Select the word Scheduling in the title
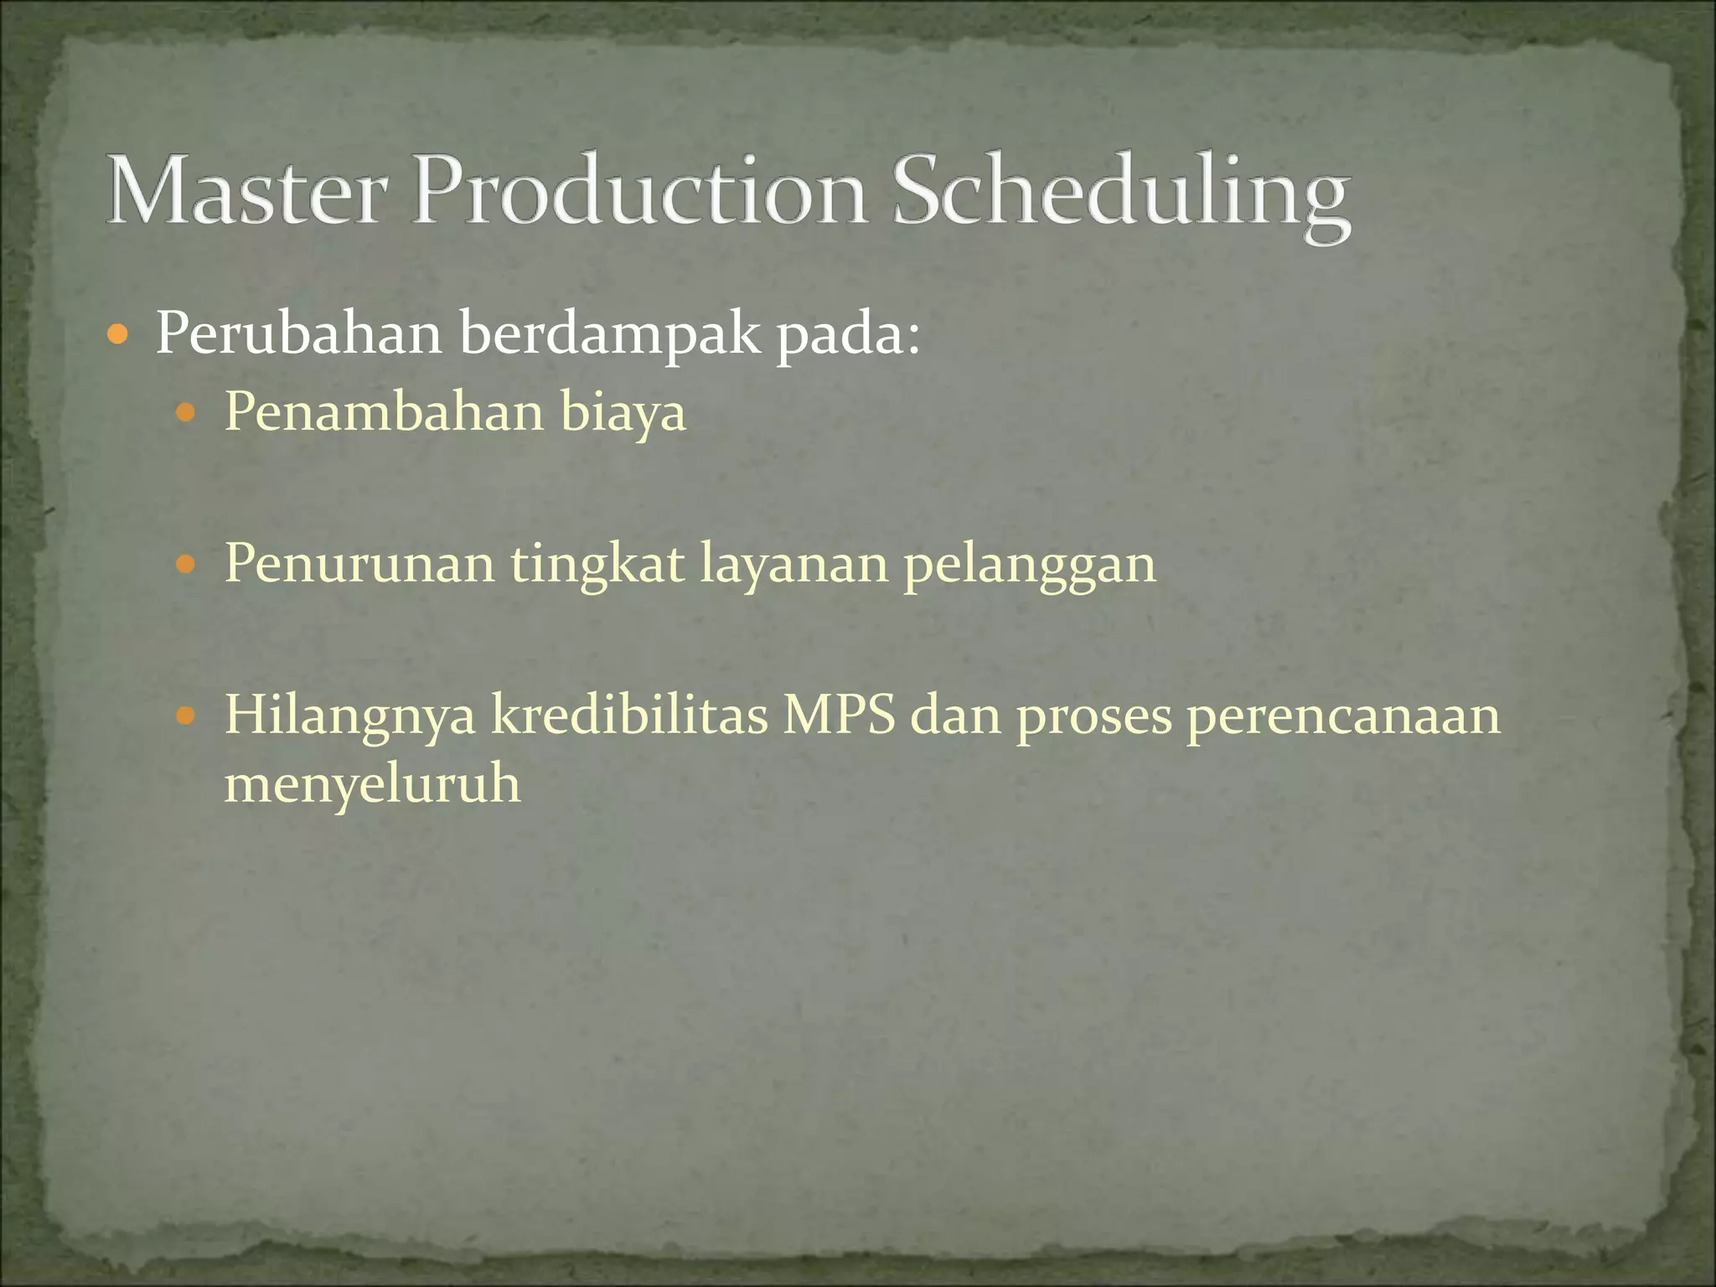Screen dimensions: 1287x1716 click(1120, 194)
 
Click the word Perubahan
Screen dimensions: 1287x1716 click(298, 333)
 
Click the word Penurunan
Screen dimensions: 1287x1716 click(359, 563)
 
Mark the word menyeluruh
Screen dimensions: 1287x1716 click(372, 786)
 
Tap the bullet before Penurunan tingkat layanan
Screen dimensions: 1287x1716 click(186, 565)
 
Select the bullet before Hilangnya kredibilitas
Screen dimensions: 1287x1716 click(186, 716)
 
